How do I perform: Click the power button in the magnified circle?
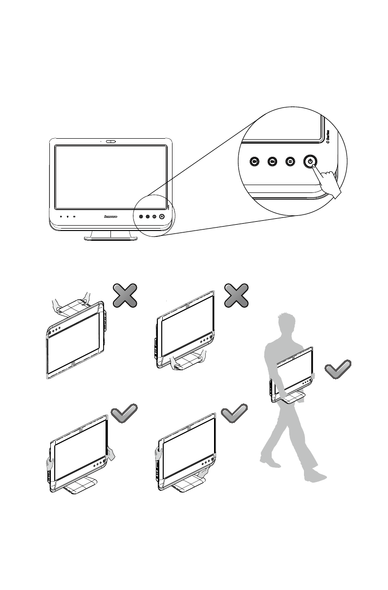coord(311,161)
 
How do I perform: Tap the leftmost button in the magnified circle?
coord(254,161)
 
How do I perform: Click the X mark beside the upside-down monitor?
coord(125,295)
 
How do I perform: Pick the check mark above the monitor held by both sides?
coord(124,415)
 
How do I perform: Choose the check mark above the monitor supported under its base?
coord(235,415)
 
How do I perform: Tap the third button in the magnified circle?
coord(290,161)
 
